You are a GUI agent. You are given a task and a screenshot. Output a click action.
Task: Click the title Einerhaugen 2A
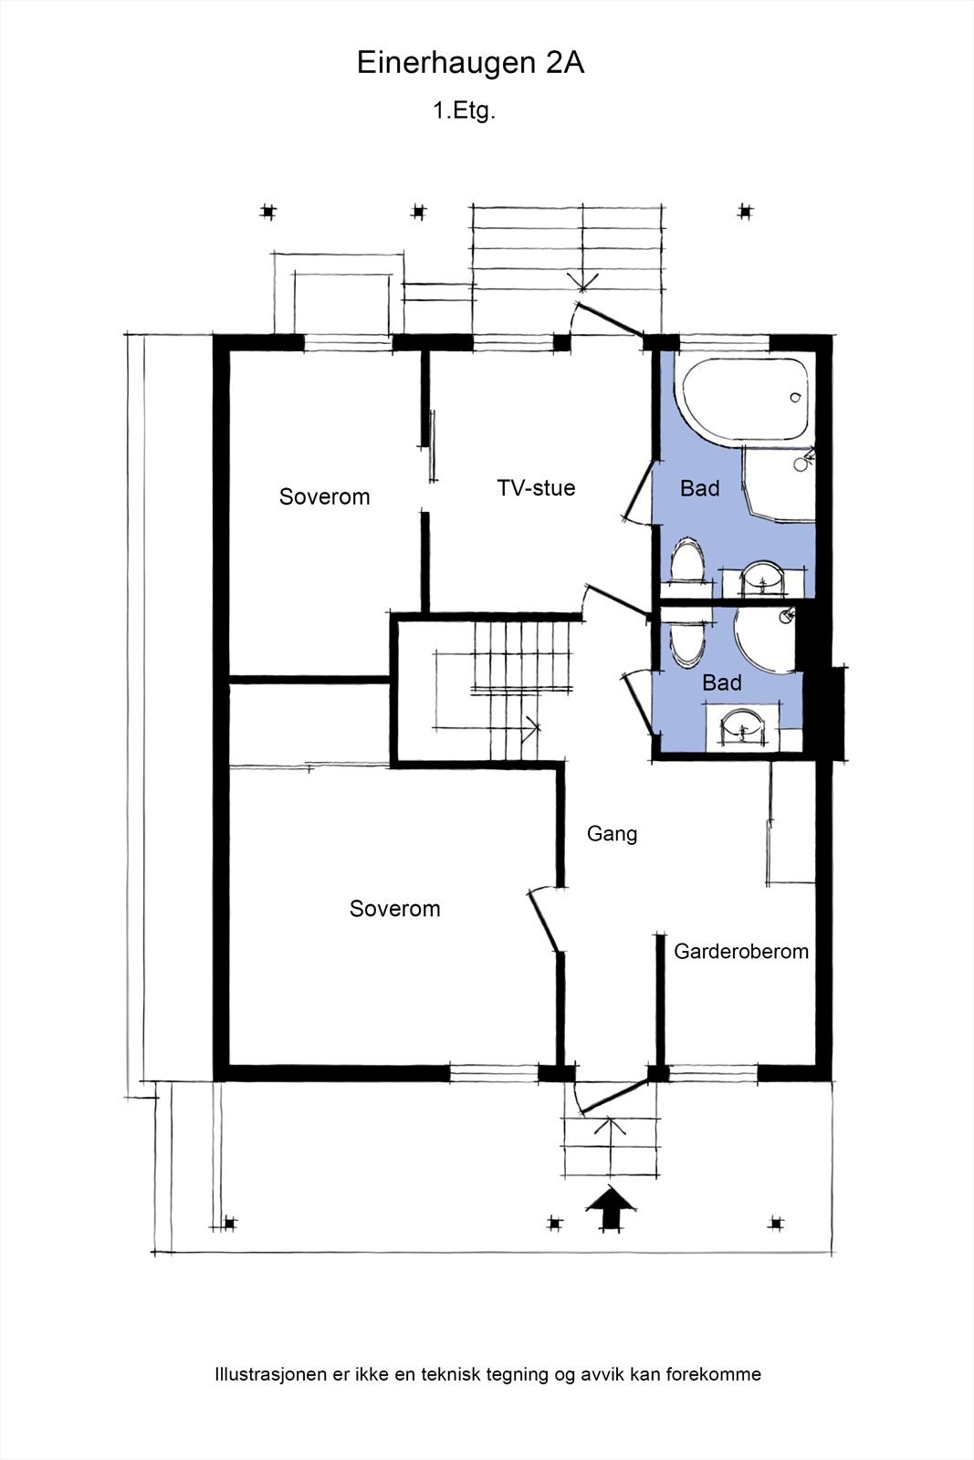(x=469, y=64)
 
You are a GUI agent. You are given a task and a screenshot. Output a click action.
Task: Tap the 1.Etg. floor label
(x=465, y=111)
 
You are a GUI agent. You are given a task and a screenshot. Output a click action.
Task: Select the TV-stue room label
(x=536, y=487)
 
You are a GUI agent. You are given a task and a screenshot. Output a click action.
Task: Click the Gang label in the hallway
(x=612, y=834)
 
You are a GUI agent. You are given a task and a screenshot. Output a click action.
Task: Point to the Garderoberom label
(x=741, y=951)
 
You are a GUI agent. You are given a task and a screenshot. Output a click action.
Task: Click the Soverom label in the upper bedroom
(x=324, y=496)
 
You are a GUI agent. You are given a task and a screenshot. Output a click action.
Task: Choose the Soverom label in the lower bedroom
(x=394, y=909)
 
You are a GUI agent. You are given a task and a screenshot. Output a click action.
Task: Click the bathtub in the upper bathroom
(x=744, y=399)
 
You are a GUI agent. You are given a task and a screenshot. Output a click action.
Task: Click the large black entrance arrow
(x=610, y=1210)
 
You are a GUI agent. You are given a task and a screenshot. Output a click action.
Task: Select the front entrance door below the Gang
(x=611, y=1096)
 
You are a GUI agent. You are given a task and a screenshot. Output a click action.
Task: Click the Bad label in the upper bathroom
(x=699, y=488)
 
